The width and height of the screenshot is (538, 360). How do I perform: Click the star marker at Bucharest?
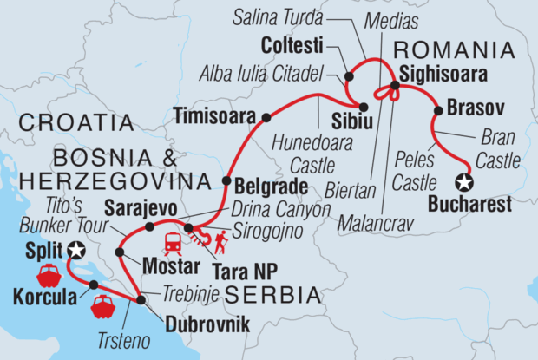tap(464, 182)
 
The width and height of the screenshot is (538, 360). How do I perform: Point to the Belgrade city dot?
tap(227, 182)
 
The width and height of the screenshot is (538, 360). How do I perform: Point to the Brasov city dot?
tap(436, 110)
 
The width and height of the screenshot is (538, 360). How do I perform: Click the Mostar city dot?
tap(119, 252)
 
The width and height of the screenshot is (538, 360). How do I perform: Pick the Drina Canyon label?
tap(280, 209)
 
